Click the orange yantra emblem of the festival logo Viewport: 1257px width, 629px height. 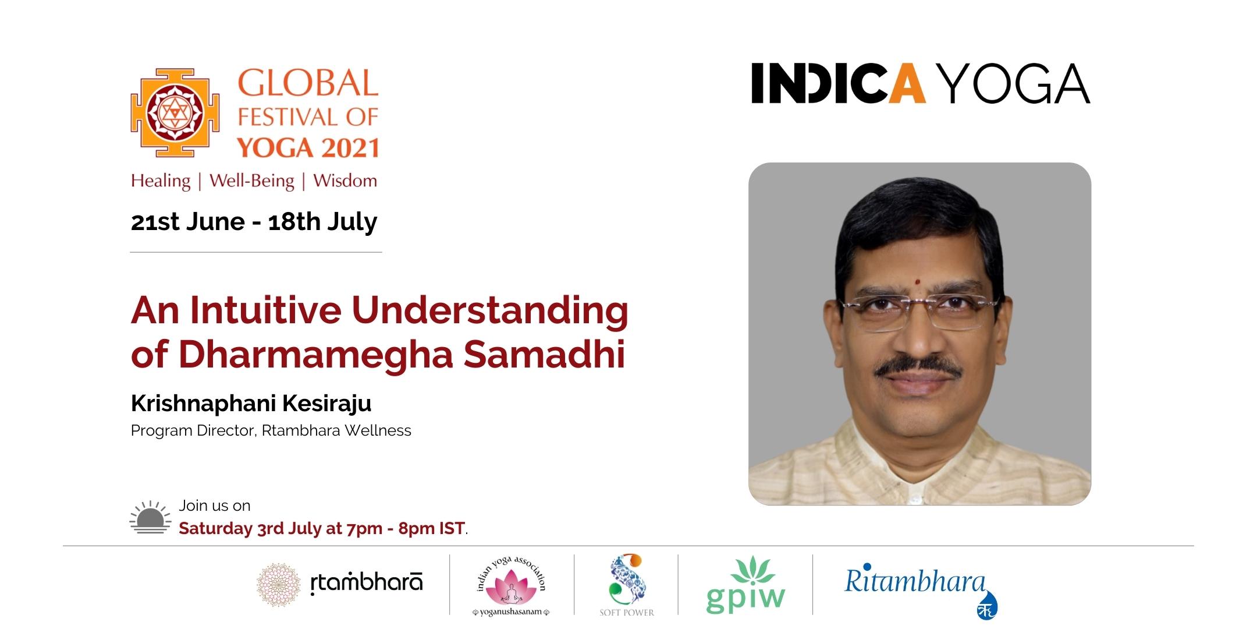pyautogui.click(x=175, y=112)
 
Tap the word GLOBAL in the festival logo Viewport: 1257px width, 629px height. pyautogui.click(x=308, y=83)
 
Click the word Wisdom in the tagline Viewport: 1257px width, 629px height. pyautogui.click(x=345, y=181)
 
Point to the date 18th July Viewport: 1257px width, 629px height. pyautogui.click(x=322, y=222)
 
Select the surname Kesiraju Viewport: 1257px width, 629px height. pyautogui.click(x=327, y=403)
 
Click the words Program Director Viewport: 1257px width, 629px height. pyautogui.click(x=193, y=430)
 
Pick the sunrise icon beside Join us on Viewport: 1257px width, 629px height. pyautogui.click(x=150, y=517)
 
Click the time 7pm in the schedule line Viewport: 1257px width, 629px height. pyautogui.click(x=364, y=529)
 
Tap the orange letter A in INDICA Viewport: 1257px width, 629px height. pyautogui.click(x=908, y=84)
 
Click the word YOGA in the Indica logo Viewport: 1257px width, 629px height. pyautogui.click(x=1015, y=84)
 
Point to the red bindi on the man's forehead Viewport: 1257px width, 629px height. pyautogui.click(x=918, y=282)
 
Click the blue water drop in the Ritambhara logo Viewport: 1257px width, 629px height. pyautogui.click(x=987, y=606)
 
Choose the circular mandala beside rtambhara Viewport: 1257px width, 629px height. pyautogui.click(x=279, y=585)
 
